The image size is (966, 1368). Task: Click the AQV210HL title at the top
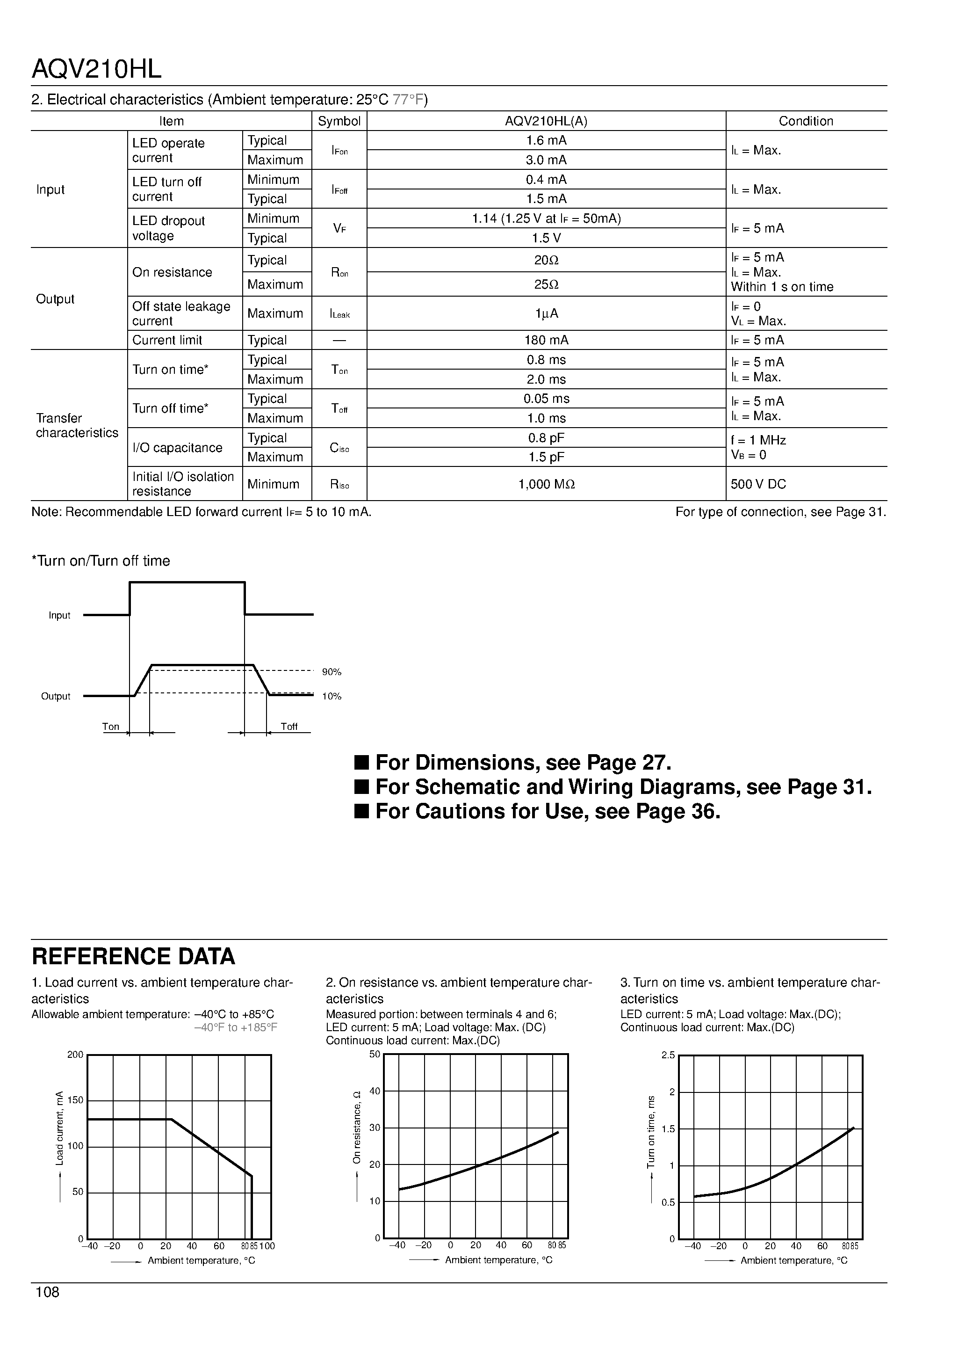96,70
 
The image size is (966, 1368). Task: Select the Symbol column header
339,121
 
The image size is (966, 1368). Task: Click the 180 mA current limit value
546,340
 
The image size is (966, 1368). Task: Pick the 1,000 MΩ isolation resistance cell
546,484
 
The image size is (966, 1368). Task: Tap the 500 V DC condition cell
758,484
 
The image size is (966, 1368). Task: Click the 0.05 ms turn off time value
546,399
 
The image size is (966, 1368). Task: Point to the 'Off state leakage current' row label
181,313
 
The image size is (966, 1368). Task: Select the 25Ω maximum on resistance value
546,284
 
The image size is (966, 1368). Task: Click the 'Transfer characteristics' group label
77,425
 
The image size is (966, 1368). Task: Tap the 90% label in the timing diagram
332,672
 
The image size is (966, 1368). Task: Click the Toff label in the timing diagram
289,726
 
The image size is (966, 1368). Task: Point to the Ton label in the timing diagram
111,726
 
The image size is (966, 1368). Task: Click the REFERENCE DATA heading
133,956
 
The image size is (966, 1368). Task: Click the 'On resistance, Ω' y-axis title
357,1127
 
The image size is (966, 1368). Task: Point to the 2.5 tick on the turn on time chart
668,1055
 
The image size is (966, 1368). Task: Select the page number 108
48,1292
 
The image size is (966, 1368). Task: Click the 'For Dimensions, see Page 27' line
523,763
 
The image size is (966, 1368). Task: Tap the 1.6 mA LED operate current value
546,141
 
